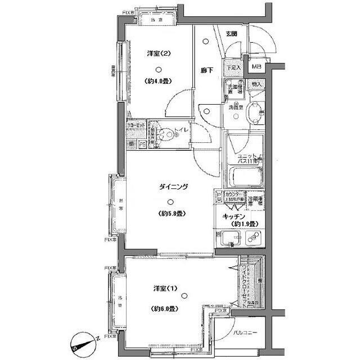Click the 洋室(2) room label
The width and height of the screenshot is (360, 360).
(159, 54)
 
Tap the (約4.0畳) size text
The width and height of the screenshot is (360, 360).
(159, 81)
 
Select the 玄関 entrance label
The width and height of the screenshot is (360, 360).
(231, 34)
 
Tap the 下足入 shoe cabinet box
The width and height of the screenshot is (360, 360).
(233, 67)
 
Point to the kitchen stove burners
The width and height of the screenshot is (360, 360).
(251, 238)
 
